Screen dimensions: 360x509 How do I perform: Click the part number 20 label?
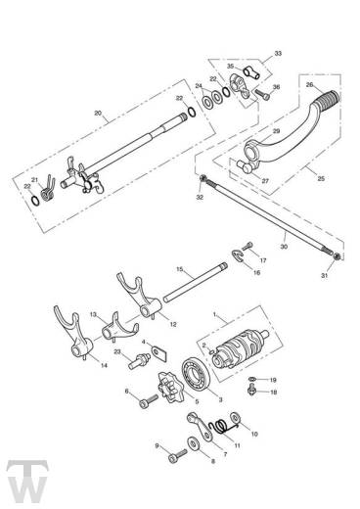pyautogui.click(x=97, y=114)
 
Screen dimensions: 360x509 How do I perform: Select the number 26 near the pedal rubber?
pyautogui.click(x=309, y=84)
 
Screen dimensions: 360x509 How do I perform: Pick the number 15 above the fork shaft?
pyautogui.click(x=179, y=269)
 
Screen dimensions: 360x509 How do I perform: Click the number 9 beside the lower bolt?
pyautogui.click(x=157, y=446)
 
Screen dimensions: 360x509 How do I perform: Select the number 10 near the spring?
pyautogui.click(x=255, y=433)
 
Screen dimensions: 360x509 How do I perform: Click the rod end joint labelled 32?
pyautogui.click(x=202, y=178)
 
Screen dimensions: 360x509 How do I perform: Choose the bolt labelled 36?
pyautogui.click(x=261, y=95)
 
